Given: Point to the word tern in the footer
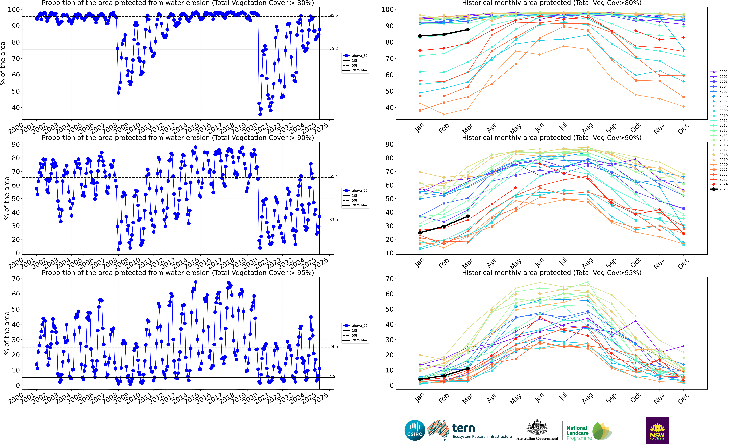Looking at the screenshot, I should [464, 428].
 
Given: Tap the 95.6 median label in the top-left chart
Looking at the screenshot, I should [333, 15].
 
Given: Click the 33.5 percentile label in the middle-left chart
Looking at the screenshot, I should [333, 220].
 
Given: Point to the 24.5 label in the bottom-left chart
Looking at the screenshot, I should [333, 347].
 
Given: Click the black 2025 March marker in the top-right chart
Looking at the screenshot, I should [468, 30].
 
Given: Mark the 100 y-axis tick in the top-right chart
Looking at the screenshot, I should [387, 9].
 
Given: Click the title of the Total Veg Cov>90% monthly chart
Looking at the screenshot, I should [552, 138].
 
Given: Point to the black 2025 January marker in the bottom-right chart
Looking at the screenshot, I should [420, 379].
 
